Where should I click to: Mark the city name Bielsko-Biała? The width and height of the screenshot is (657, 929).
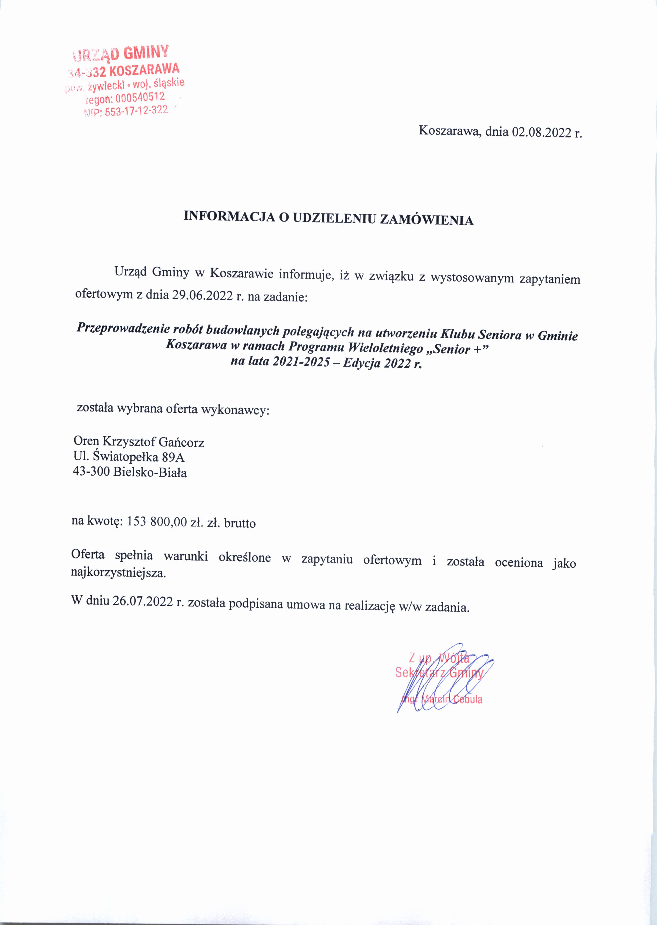pos(150,472)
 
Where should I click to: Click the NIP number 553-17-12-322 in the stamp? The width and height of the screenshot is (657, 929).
pos(136,111)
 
